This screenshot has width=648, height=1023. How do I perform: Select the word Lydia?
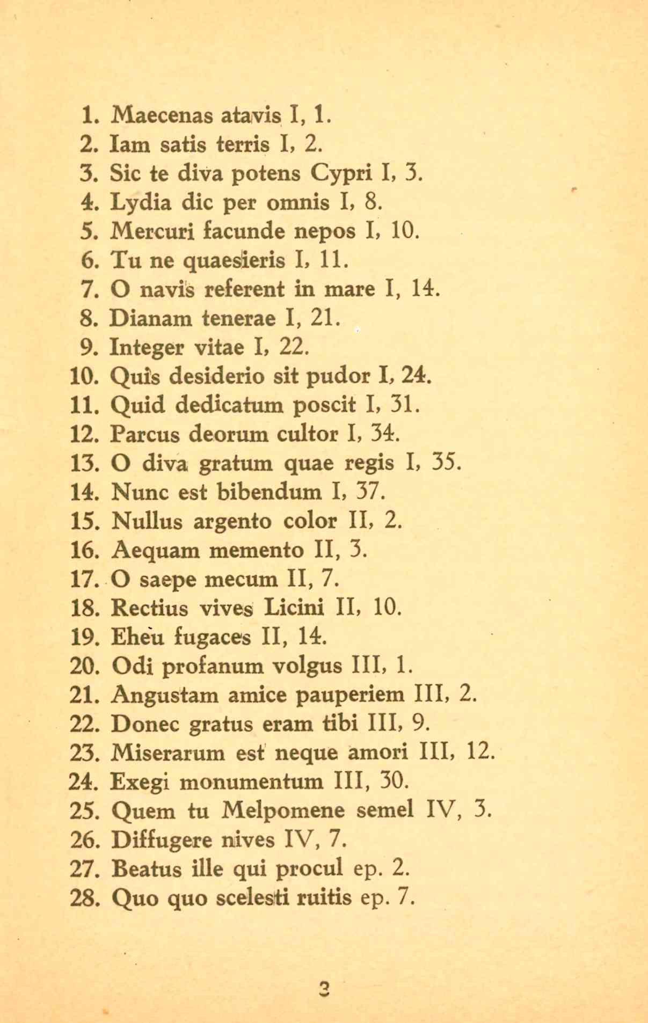141,202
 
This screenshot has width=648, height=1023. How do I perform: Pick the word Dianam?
151,319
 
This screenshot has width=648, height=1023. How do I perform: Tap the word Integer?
146,348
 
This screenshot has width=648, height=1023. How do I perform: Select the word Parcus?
144,434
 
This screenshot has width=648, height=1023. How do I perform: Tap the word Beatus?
147,868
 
